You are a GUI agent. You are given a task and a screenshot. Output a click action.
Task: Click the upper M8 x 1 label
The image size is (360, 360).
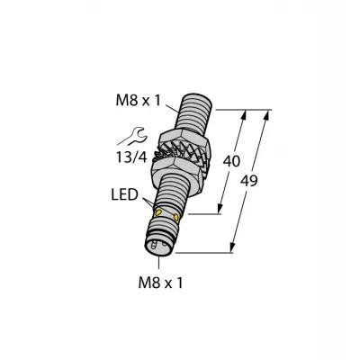coord(138,101)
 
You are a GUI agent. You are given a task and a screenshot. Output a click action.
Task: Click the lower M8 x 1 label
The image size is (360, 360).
coord(160,283)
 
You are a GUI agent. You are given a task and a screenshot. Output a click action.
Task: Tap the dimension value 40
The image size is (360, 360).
coord(231,161)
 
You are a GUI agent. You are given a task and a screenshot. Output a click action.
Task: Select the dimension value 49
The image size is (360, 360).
coord(249,181)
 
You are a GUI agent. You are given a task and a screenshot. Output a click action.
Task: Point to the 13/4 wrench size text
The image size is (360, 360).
coord(131,157)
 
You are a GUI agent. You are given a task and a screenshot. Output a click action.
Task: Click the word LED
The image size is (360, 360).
coord(124,194)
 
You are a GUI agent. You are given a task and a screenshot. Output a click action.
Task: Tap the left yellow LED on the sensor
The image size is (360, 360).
coord(157,212)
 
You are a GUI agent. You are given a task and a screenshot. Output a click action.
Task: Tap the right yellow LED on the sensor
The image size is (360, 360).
coord(175,217)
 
